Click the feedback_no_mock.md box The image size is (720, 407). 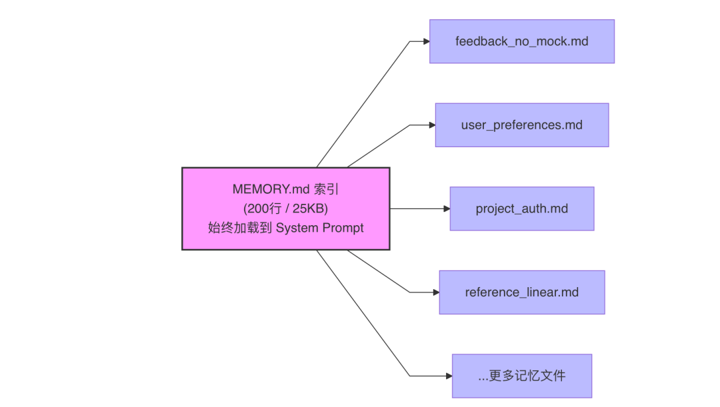point(521,41)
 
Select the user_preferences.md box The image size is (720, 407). point(521,125)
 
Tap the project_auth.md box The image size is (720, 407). point(521,208)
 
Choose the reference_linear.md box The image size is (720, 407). point(521,292)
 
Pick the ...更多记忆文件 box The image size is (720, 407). point(521,376)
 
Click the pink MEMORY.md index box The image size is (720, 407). point(285,208)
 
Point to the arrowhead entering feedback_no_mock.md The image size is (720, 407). point(426,41)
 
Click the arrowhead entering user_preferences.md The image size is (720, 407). point(432,125)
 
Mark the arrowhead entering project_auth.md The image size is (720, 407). point(447,208)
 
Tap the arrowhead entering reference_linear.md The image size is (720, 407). point(436,292)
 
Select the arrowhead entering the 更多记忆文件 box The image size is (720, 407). point(449,376)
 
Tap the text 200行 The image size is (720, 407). point(262,208)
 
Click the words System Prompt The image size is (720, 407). point(320,228)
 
